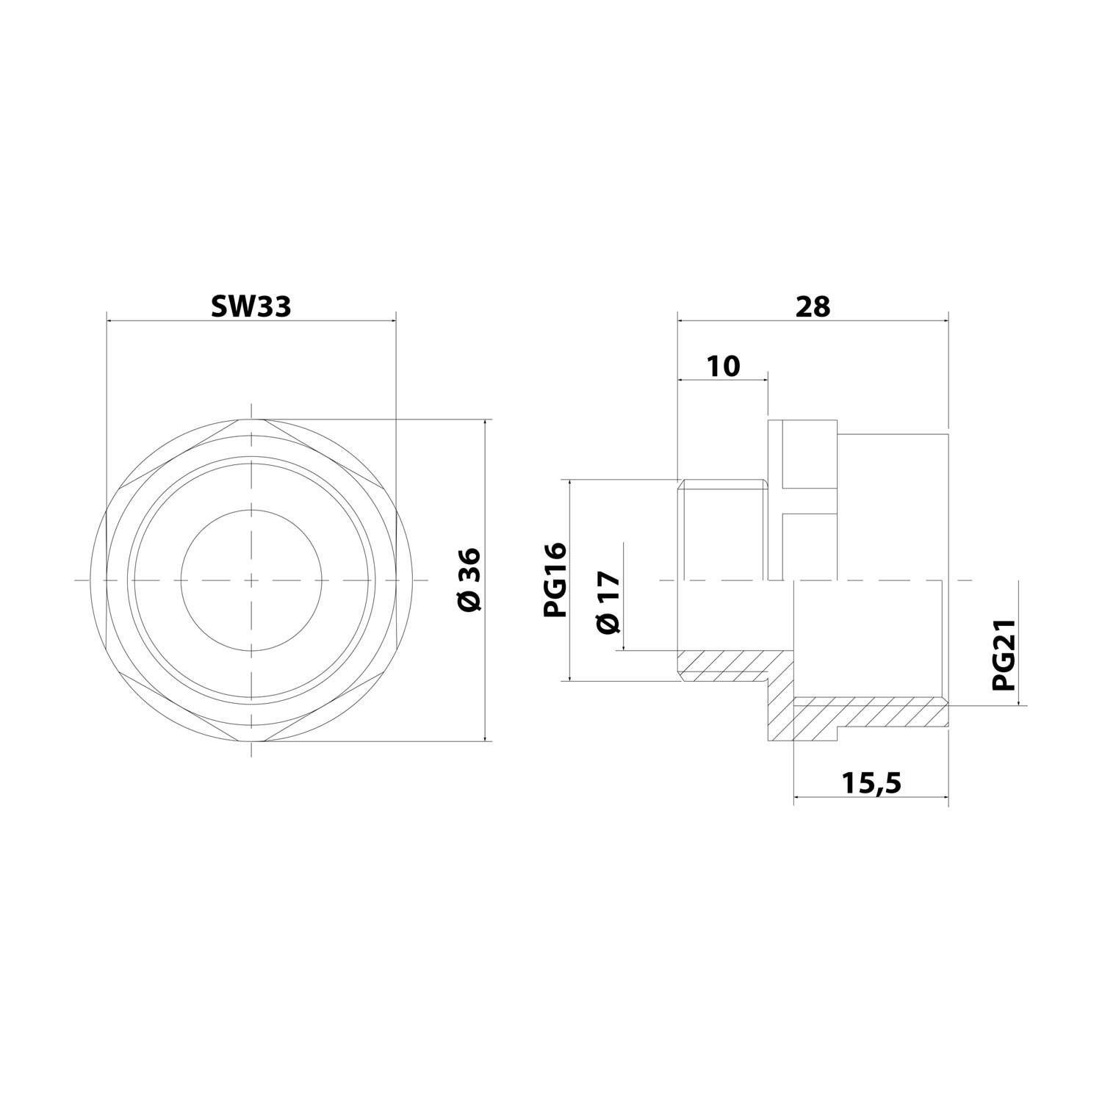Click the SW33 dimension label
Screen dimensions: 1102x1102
[251, 306]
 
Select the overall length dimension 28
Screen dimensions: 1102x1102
[813, 306]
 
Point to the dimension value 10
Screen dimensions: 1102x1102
[724, 365]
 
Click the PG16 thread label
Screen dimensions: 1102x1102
[555, 580]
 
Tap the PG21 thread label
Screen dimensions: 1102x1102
[1003, 654]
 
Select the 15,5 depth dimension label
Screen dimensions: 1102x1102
[871, 785]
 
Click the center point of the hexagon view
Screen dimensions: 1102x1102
[252, 580]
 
